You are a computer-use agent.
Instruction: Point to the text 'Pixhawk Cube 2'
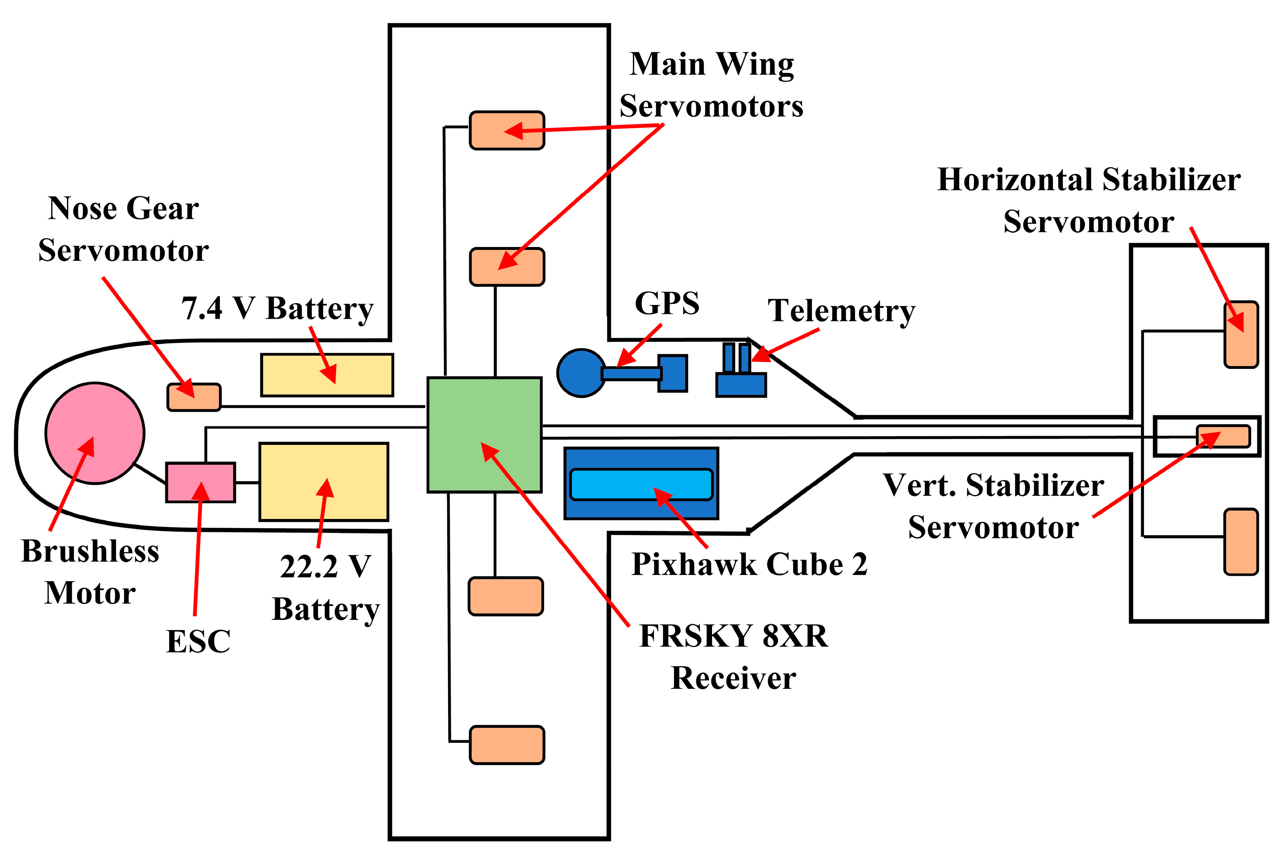pos(749,564)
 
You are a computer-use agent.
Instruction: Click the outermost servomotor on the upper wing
pos(506,130)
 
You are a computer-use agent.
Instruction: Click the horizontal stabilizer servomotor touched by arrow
pos(1241,335)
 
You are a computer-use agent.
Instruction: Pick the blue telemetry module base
pos(740,385)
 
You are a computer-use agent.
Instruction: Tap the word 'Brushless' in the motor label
pos(90,551)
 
